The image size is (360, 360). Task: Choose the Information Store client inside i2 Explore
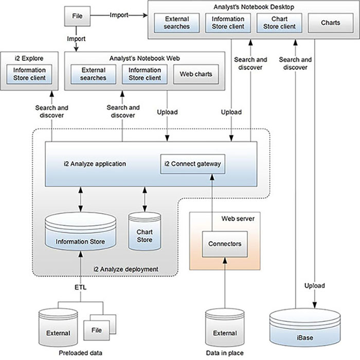pos(29,74)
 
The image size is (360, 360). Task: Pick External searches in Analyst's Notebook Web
pos(93,74)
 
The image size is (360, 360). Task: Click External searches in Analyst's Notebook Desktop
pos(177,23)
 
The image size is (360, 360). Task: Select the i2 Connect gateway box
pos(193,164)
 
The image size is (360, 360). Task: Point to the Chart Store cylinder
pos(144,232)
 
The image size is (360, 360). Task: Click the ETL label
pos(81,287)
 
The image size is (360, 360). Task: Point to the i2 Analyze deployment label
pos(125,269)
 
